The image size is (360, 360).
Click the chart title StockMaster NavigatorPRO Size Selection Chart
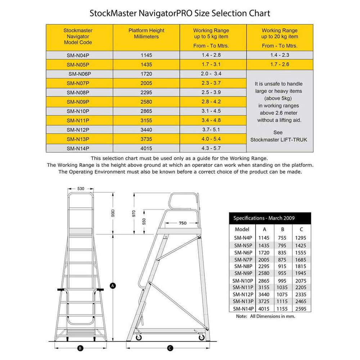click(x=180, y=14)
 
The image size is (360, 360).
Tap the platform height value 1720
click(x=147, y=74)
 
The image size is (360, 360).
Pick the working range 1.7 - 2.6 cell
click(x=279, y=64)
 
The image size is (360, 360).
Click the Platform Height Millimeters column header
click(x=146, y=33)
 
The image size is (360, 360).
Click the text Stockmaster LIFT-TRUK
click(x=279, y=139)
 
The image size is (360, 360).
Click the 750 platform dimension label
click(x=183, y=223)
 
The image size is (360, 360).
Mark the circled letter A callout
click(x=113, y=285)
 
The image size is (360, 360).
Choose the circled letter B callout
click(x=80, y=348)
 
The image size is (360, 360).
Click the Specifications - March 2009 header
click(x=264, y=218)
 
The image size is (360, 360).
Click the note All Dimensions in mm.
click(x=265, y=316)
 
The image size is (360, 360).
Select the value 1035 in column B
click(x=283, y=287)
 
